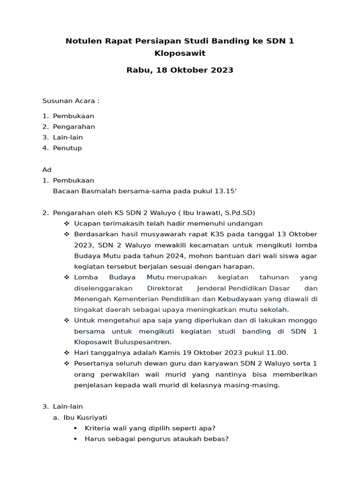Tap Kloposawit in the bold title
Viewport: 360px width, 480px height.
[180, 53]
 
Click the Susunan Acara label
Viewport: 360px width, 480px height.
[71, 101]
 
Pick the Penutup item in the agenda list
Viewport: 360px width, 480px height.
[67, 148]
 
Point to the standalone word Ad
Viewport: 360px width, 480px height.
[47, 170]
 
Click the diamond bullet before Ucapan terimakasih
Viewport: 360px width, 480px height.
[67, 224]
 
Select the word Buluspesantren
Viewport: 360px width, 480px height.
[143, 342]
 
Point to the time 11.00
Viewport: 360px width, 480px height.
[277, 353]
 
